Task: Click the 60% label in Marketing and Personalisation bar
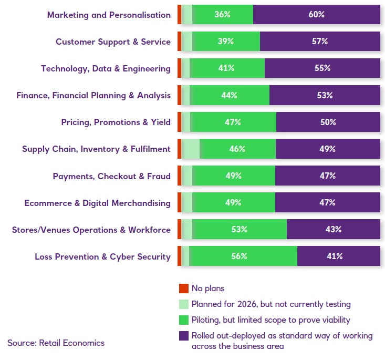pyautogui.click(x=317, y=15)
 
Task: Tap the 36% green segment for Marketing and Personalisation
pyautogui.click(x=223, y=15)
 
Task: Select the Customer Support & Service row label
pyautogui.click(x=113, y=42)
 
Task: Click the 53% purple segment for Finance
pyautogui.click(x=325, y=95)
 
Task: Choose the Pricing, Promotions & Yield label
pyautogui.click(x=116, y=122)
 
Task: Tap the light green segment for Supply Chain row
pyautogui.click(x=191, y=149)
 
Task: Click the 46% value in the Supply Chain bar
pyautogui.click(x=237, y=149)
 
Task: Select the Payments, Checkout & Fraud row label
pyautogui.click(x=111, y=176)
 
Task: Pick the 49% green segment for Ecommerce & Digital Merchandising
pyautogui.click(x=233, y=203)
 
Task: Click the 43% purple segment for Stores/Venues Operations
pyautogui.click(x=333, y=230)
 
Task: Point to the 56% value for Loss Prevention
pyautogui.click(x=239, y=256)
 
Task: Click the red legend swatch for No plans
pyautogui.click(x=183, y=288)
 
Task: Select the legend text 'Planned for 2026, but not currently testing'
pyautogui.click(x=271, y=304)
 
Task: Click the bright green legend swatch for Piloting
pyautogui.click(x=183, y=320)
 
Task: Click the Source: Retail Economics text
pyautogui.click(x=56, y=343)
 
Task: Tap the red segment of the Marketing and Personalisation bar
pyautogui.click(x=179, y=15)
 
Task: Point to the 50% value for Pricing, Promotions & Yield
pyautogui.click(x=328, y=122)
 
